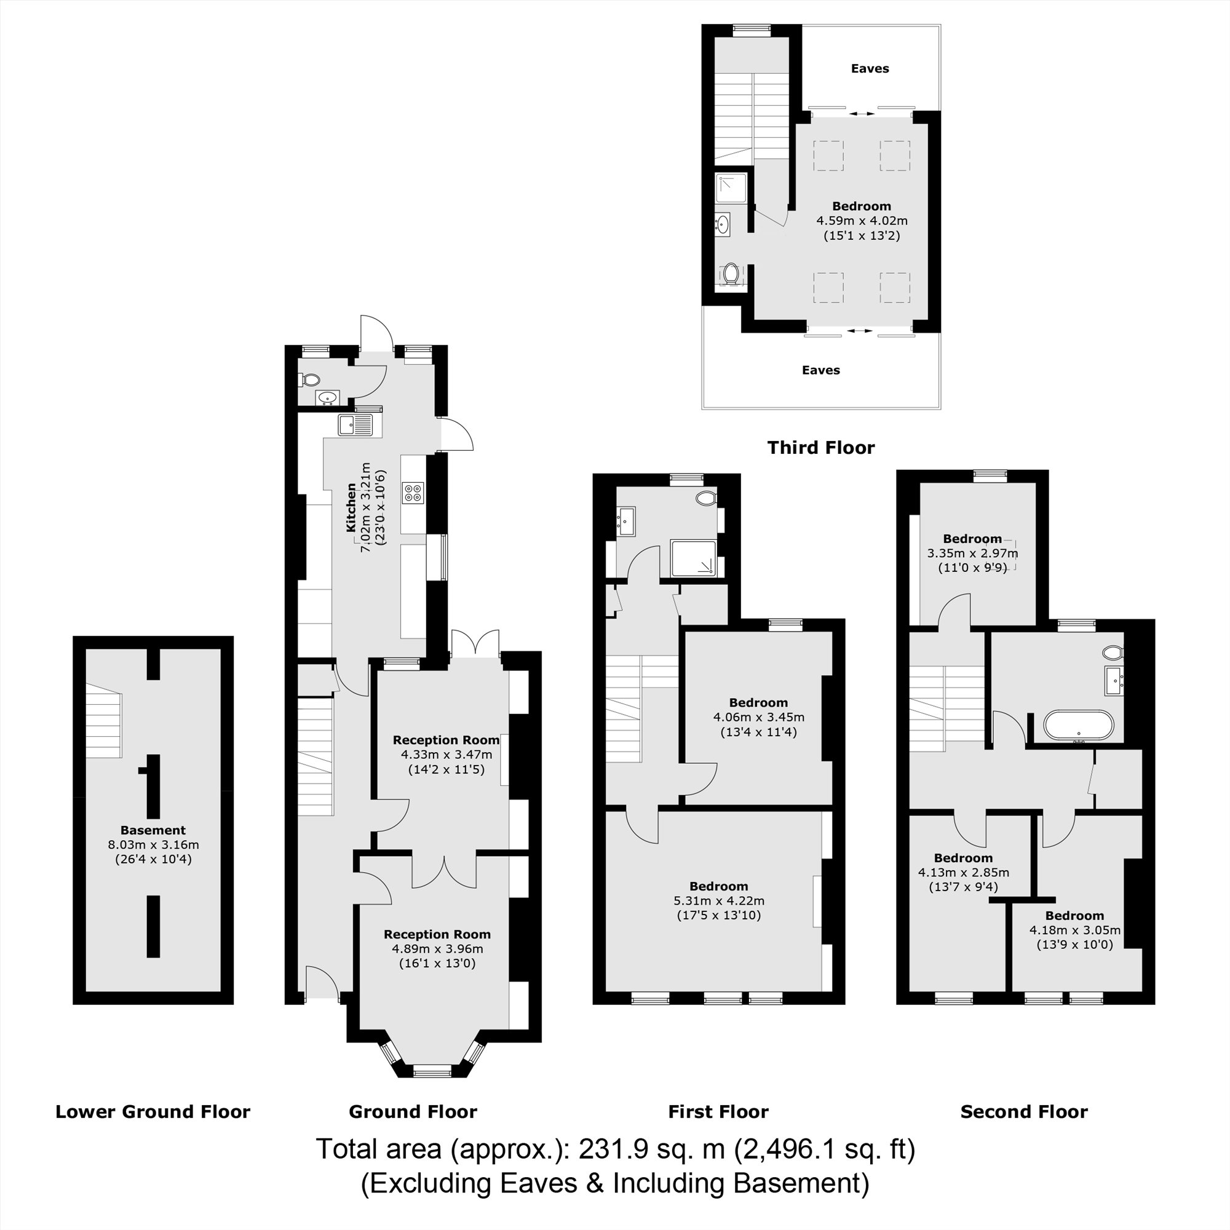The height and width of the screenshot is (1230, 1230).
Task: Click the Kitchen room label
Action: pos(351,507)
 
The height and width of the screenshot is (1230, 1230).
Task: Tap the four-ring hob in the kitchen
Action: pos(413,493)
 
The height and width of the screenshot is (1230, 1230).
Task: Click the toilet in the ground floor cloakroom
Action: pos(309,379)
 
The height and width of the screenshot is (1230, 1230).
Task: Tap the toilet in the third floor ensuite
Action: pos(731,274)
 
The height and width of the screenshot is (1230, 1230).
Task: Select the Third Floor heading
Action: pos(820,448)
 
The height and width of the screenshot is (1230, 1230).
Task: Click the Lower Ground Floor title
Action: pos(153,1111)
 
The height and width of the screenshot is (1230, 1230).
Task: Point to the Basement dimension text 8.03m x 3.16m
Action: pos(153,845)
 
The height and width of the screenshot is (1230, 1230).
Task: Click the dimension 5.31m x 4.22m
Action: pos(719,901)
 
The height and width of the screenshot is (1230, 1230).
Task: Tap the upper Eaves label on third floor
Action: pos(870,68)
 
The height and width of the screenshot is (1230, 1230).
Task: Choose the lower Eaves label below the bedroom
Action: pos(820,370)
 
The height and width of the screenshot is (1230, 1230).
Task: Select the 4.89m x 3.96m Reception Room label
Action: pos(437,934)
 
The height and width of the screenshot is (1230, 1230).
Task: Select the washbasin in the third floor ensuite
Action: pos(723,224)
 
